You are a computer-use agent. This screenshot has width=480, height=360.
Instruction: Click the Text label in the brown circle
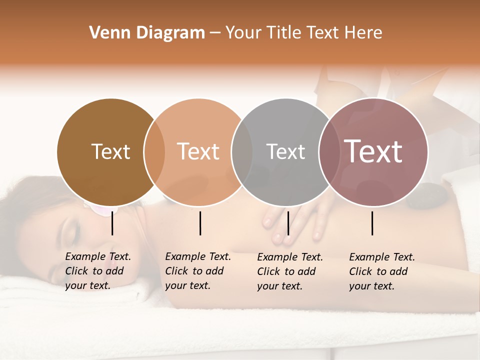110,151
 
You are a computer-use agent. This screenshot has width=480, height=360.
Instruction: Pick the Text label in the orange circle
198,151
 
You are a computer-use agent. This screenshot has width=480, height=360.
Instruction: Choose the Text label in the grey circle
285,151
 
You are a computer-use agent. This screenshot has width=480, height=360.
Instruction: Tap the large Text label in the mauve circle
373,151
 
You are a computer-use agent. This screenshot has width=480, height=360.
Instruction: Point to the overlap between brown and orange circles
154,152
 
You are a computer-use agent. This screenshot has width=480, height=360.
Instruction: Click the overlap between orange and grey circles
242,152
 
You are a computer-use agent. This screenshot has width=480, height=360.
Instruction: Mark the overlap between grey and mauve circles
329,152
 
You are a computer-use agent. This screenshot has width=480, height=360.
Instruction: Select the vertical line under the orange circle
200,223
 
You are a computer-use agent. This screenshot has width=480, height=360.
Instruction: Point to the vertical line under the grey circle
288,223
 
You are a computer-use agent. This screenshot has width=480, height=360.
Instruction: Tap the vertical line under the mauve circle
372,223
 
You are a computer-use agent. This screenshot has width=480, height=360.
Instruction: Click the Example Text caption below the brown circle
97,271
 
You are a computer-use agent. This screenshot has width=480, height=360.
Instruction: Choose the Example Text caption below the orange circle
197,271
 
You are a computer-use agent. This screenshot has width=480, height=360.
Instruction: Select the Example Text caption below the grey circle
289,271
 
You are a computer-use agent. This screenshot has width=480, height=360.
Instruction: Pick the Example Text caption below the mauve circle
381,271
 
